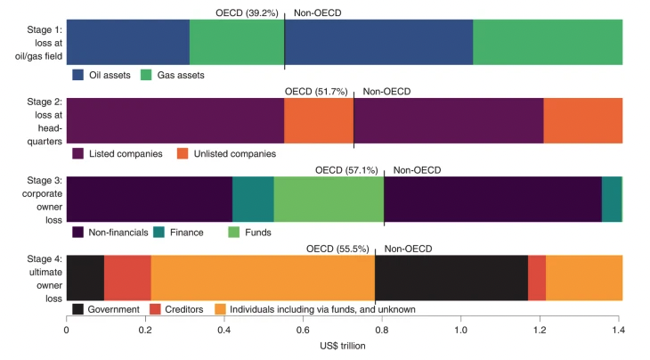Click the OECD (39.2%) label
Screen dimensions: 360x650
[x=247, y=13]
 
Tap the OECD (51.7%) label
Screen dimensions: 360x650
[x=316, y=91]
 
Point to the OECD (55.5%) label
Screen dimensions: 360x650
[x=337, y=248]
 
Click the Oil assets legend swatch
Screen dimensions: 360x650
[x=77, y=76]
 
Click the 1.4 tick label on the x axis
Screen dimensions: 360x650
[x=621, y=329]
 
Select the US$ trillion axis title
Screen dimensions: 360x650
[x=344, y=346]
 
